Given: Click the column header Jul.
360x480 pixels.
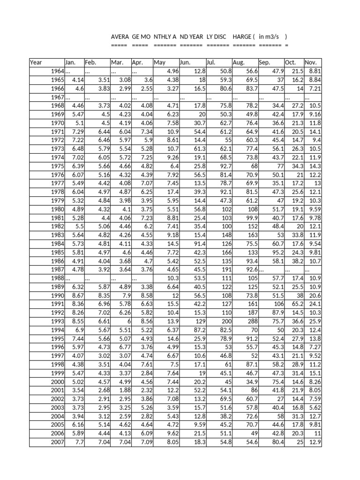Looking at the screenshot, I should tap(210, 62).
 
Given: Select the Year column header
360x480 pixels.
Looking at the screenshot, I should tap(36, 62).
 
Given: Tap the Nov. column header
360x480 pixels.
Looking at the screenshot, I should tap(311, 62).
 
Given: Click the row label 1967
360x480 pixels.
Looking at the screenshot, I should tap(57, 97).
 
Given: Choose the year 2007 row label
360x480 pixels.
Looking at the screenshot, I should tap(57, 442).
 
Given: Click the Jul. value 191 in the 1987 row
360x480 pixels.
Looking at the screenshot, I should tap(227, 270).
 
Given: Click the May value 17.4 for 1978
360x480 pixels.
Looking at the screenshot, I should tap(173, 192).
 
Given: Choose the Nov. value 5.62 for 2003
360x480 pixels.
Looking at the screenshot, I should tap(315, 408).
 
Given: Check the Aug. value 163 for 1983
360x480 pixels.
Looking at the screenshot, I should tap(253, 234).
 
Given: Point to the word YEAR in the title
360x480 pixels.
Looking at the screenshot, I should tap(195, 37).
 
